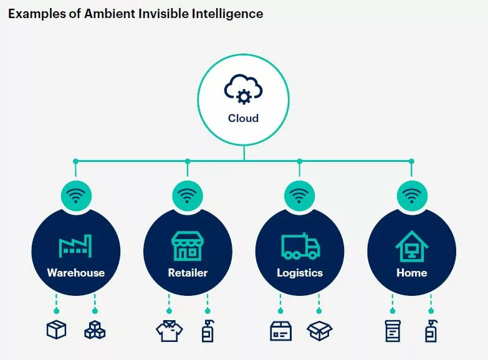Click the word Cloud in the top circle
(244, 118)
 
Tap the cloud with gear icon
(244, 88)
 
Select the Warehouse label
(76, 273)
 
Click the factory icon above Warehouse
(75, 246)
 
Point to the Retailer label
(188, 273)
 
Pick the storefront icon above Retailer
(188, 246)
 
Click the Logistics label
(300, 273)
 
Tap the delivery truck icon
(300, 246)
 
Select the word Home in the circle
(412, 273)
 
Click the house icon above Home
(412, 246)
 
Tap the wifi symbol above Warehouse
(76, 196)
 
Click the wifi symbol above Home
(412, 196)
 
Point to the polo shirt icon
(170, 331)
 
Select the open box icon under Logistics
(319, 331)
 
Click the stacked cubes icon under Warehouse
(95, 330)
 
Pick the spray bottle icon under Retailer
(208, 331)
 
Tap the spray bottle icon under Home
(431, 331)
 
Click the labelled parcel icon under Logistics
(280, 331)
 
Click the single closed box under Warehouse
(56, 329)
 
